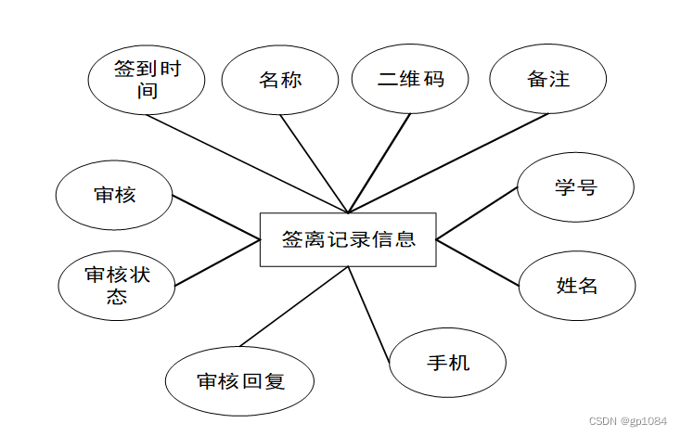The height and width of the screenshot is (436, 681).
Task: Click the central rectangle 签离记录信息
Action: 348,239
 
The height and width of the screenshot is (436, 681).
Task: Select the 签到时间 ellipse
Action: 147,80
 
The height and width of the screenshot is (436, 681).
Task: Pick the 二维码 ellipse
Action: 411,79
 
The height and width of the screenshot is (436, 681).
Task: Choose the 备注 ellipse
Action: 547,79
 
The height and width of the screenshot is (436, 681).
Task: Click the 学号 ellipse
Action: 575,187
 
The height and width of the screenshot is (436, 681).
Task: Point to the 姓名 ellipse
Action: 576,285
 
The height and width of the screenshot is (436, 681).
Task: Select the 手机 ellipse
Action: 447,362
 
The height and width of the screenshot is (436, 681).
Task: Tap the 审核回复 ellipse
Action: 239,381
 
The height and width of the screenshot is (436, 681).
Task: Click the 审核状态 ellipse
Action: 117,285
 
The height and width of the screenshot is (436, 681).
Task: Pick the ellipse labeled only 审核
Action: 115,195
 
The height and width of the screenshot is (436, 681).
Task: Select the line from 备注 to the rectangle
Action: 449,162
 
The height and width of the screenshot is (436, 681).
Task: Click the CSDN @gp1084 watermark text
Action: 627,421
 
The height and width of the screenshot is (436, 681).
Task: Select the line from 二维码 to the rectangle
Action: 379,163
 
